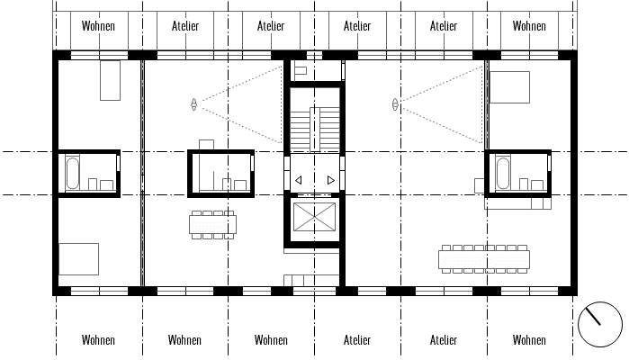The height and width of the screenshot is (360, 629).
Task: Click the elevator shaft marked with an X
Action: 315,217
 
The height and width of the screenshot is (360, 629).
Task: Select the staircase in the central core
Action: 315,130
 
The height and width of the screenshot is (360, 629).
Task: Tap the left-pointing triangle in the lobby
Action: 298,181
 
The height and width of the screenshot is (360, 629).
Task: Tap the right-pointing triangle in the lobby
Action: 331,181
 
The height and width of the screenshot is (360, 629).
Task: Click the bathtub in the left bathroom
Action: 73,173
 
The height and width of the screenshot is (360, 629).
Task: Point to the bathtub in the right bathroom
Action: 503,173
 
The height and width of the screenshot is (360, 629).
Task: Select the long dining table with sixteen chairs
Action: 484,259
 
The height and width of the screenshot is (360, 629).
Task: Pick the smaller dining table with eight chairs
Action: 212,225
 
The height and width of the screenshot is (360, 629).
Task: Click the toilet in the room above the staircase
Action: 301,71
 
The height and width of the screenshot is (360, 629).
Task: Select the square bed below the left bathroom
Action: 78,259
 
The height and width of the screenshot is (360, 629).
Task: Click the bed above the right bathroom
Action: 509,87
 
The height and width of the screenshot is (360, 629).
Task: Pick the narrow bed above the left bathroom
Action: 111,80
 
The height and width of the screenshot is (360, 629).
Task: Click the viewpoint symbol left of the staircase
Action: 194,104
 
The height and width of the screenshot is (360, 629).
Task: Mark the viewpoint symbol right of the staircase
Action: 395,104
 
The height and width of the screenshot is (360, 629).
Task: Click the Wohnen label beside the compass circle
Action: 529,340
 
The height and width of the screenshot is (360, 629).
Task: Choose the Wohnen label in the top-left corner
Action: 98,26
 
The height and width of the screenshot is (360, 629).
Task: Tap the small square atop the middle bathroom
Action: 206,145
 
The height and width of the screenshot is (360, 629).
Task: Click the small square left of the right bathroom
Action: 480,185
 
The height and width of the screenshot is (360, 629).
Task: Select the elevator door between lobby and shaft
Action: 315,195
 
